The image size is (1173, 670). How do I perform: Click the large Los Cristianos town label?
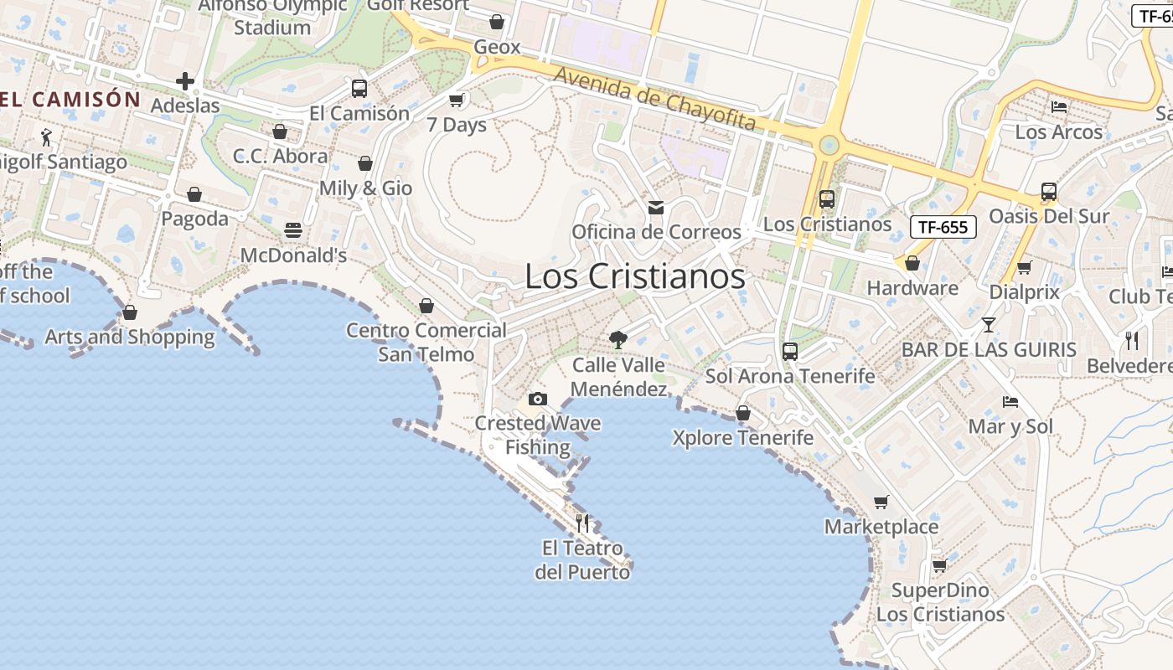[x=634, y=276]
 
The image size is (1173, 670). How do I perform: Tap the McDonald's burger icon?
[x=293, y=229]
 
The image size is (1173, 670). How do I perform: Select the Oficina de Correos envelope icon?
[x=656, y=207]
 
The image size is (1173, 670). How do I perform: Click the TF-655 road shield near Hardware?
[x=943, y=226]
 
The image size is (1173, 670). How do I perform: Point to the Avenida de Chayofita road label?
[x=654, y=99]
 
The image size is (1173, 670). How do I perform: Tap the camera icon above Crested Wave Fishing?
[x=538, y=399]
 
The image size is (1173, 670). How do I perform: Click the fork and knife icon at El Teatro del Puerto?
[x=582, y=523]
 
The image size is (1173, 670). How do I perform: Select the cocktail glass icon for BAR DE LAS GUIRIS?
[x=989, y=324]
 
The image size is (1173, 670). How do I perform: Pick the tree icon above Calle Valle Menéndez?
[x=618, y=339]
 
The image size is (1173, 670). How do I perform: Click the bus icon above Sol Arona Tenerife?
[x=789, y=352]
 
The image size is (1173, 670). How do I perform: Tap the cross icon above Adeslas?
[x=185, y=81]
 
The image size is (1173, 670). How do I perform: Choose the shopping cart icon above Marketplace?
[x=881, y=502]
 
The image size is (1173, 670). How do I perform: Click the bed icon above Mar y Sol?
[x=1010, y=402]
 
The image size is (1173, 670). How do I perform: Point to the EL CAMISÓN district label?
[x=70, y=99]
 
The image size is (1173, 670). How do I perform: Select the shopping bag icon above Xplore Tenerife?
[x=742, y=413]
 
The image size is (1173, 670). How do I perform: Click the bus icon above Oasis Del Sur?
[x=1048, y=192]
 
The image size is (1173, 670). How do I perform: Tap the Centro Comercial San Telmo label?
[x=426, y=342]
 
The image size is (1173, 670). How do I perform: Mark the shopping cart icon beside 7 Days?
[x=457, y=100]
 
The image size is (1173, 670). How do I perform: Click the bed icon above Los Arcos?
[x=1059, y=107]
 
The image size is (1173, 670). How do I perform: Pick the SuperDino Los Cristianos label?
[x=940, y=602]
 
